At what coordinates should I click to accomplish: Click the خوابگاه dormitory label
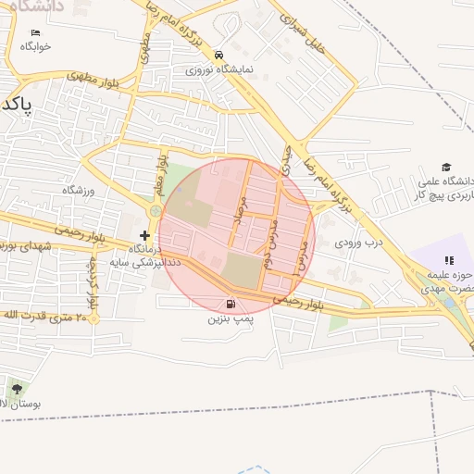click(35, 45)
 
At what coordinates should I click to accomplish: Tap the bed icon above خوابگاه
click(35, 32)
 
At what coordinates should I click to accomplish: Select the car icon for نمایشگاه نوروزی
click(218, 55)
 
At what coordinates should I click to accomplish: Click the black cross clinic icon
click(144, 236)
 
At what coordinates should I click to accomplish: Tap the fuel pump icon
click(229, 304)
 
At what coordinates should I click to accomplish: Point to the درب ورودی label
click(358, 242)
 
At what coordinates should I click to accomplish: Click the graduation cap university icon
click(447, 167)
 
